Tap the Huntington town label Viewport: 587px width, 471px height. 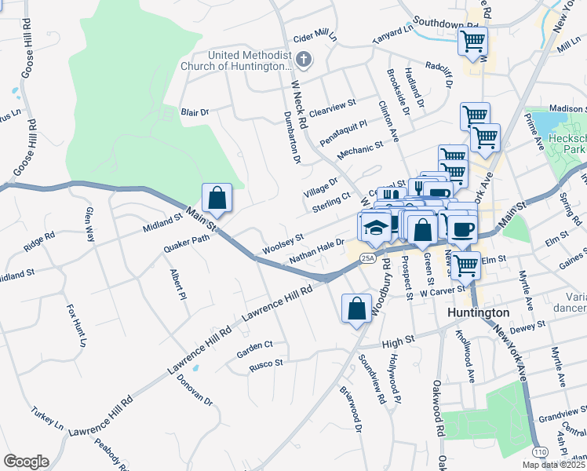tap(478, 312)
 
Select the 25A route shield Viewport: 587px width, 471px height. tap(367, 258)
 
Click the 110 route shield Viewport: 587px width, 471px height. tap(541, 453)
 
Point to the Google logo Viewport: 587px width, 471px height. tap(26, 462)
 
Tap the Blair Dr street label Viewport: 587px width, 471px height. tap(195, 113)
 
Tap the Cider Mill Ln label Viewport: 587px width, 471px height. tap(314, 37)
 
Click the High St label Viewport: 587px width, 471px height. tap(397, 343)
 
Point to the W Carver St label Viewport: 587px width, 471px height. tap(443, 292)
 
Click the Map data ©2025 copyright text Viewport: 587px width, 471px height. tap(553, 465)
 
